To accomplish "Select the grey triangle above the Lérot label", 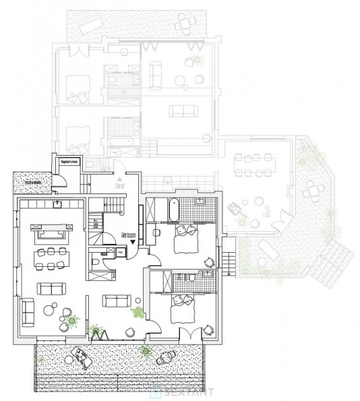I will tap(119, 174).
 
